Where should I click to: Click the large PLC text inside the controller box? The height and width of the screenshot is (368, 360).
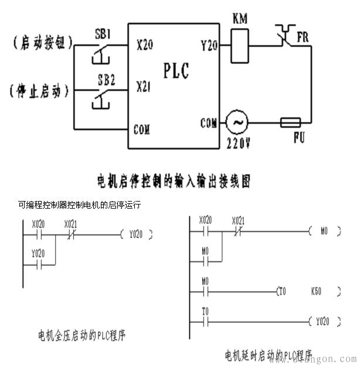click(x=176, y=71)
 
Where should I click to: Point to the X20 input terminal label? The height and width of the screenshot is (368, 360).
click(x=145, y=45)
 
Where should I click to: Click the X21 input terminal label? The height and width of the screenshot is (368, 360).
click(x=144, y=87)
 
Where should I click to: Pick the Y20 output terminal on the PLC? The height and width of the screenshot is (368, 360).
click(x=209, y=44)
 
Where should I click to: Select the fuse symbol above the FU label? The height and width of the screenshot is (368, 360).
click(x=290, y=123)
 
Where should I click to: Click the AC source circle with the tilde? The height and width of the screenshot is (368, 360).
click(x=237, y=123)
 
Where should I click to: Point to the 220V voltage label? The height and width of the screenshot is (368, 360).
click(x=238, y=142)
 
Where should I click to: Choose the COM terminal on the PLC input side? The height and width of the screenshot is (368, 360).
click(x=142, y=129)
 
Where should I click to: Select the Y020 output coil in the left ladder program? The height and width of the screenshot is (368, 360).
click(x=135, y=234)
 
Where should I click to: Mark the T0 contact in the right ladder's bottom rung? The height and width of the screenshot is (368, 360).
click(x=205, y=321)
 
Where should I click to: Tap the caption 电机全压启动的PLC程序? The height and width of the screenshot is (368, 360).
click(x=82, y=336)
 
